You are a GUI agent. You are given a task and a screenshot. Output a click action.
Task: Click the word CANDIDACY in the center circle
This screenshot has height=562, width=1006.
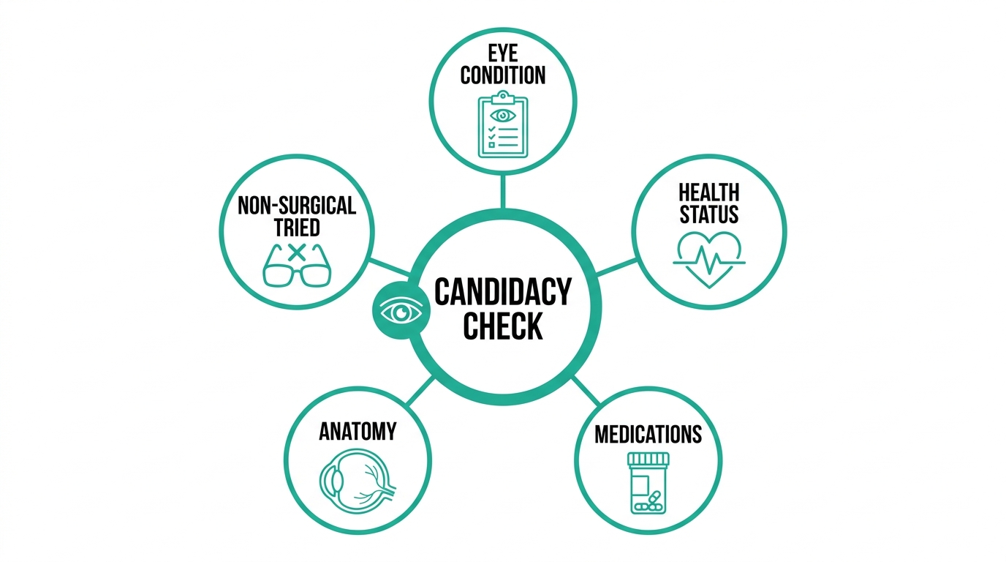pyautogui.click(x=502, y=292)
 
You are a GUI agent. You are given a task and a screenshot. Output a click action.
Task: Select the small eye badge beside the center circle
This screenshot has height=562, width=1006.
pyautogui.click(x=401, y=311)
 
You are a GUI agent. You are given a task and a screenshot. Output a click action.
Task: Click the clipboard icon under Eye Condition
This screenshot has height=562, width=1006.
pyautogui.click(x=502, y=124)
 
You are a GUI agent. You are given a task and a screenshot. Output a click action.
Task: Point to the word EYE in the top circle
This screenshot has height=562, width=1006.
pyautogui.click(x=503, y=53)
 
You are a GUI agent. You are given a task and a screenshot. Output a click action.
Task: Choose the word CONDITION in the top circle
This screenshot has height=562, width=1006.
pyautogui.click(x=503, y=75)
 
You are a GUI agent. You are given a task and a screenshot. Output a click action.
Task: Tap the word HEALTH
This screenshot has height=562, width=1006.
pyautogui.click(x=708, y=192)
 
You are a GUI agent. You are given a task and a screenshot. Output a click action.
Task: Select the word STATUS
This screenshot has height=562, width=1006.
pyautogui.click(x=708, y=214)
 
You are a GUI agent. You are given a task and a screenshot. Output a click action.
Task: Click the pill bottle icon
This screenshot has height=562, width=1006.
pyautogui.click(x=648, y=483)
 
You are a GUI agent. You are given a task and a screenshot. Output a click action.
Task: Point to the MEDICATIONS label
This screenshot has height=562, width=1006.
pyautogui.click(x=648, y=435)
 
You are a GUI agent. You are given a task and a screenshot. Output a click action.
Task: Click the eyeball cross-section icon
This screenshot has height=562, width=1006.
pyautogui.click(x=358, y=481)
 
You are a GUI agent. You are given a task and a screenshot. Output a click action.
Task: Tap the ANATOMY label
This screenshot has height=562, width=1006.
pyautogui.click(x=358, y=431)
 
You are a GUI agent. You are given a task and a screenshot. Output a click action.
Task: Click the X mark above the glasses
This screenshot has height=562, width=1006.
pyautogui.click(x=296, y=252)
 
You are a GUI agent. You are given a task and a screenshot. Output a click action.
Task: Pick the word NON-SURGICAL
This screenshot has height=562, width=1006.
pyautogui.click(x=296, y=206)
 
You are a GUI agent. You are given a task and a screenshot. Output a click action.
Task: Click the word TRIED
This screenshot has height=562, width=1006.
pyautogui.click(x=297, y=228)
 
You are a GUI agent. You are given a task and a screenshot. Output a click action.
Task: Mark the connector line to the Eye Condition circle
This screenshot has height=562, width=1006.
pyautogui.click(x=502, y=192)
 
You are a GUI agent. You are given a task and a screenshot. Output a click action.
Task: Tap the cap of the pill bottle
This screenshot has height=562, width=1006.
pyautogui.click(x=648, y=459)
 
